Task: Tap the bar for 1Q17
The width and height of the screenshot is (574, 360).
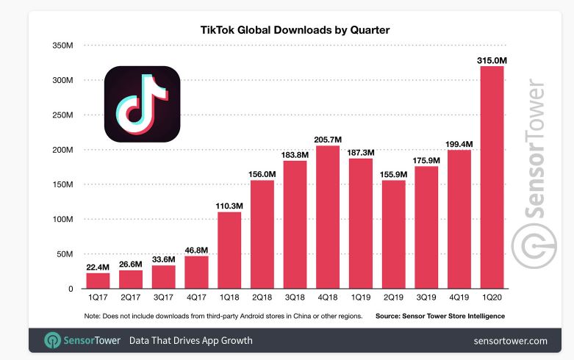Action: (98, 281)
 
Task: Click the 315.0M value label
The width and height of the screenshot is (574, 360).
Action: (492, 59)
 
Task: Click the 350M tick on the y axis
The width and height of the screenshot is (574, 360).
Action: (62, 46)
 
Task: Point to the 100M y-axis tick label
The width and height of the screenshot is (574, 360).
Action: (62, 220)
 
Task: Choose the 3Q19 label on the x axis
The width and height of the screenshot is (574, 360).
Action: (426, 298)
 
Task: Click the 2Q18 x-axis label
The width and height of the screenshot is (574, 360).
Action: (262, 298)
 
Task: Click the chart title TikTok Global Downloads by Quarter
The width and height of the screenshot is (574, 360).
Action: (295, 30)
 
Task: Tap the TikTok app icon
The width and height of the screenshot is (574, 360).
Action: (142, 104)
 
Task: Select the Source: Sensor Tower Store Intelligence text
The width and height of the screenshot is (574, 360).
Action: (440, 315)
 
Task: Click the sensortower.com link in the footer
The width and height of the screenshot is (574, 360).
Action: (511, 341)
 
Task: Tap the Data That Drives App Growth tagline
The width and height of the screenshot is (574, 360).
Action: (190, 341)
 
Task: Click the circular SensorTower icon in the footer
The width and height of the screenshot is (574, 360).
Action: (53, 341)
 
